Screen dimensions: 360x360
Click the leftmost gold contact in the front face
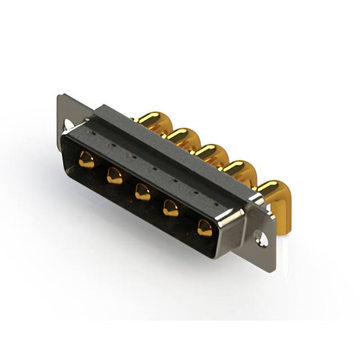pyautogui.click(x=86, y=159)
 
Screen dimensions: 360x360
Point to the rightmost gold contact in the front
pyautogui.click(x=204, y=227)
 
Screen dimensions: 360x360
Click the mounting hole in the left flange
pyautogui.click(x=69, y=124)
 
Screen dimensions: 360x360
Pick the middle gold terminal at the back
pyautogui.click(x=209, y=151)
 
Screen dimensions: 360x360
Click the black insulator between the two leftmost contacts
pyautogui.click(x=100, y=169)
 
